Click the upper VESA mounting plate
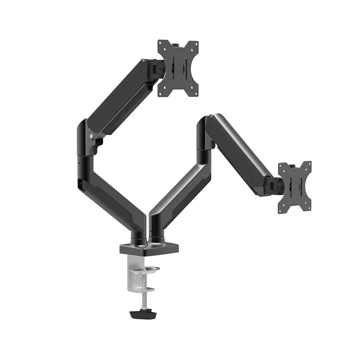(x=178, y=68)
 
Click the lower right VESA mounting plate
(x=295, y=187)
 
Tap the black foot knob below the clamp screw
(x=143, y=314)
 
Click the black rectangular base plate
(x=149, y=249)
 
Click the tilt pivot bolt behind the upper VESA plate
(x=160, y=68)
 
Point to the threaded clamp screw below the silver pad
(x=144, y=296)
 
